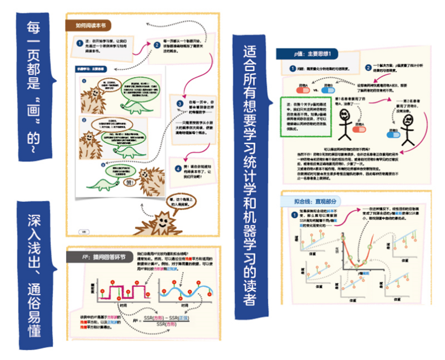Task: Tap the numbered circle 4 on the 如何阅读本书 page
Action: coord(178,168)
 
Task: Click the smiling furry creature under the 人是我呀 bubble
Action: coord(161,220)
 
